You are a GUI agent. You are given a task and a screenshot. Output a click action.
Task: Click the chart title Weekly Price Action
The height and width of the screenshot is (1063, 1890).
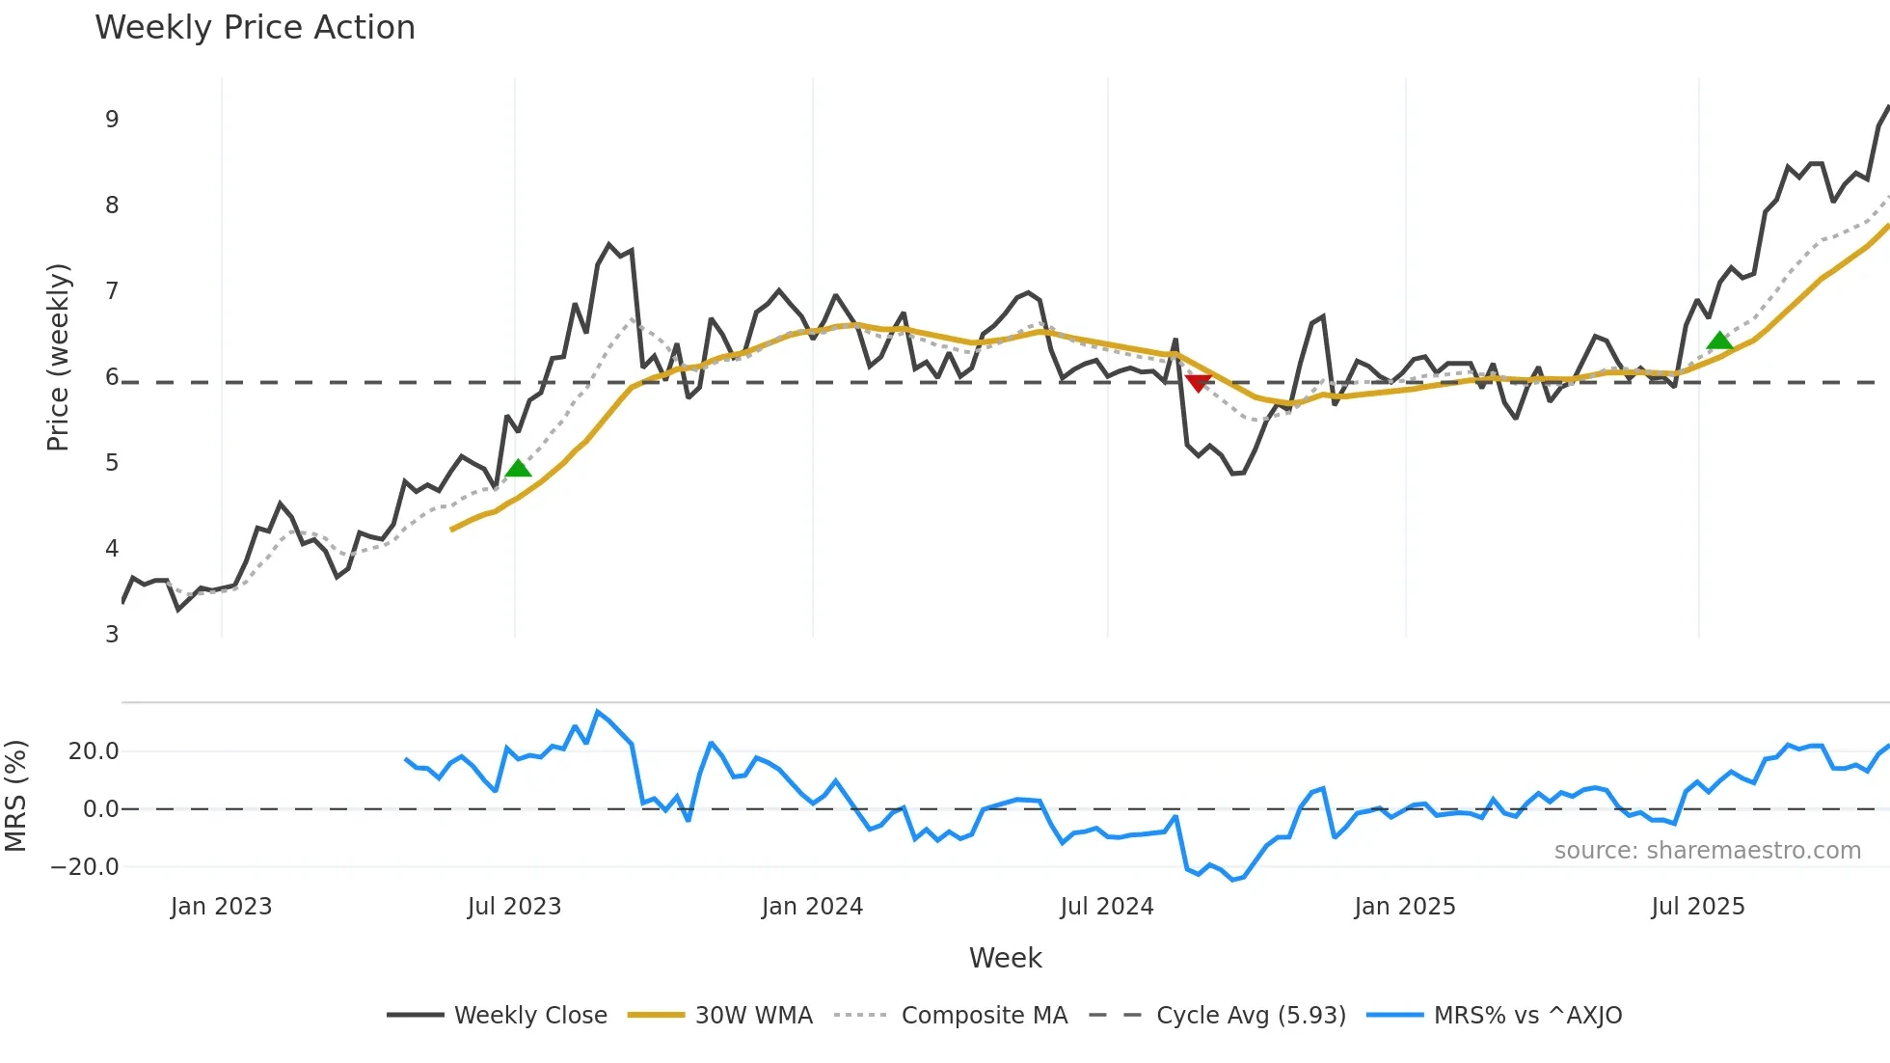[x=255, y=28]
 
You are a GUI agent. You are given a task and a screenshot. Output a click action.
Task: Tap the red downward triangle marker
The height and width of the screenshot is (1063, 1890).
[x=1198, y=383]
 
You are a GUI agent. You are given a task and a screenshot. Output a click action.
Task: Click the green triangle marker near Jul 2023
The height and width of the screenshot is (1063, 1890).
[x=519, y=469]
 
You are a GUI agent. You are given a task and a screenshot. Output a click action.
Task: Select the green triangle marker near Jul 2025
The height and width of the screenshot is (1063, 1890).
[x=1719, y=341]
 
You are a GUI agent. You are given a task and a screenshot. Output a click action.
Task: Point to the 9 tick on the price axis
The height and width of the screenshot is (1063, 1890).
[x=112, y=120]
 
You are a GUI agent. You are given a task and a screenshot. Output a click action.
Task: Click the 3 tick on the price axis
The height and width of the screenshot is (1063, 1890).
[x=112, y=634]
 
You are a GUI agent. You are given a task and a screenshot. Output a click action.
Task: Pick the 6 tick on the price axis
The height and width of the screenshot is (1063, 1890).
[x=112, y=377]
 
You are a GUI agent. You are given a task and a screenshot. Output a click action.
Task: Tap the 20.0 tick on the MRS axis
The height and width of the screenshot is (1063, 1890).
[x=94, y=751]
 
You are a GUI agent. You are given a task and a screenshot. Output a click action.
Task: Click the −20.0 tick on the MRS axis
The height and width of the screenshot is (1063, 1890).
[x=85, y=866]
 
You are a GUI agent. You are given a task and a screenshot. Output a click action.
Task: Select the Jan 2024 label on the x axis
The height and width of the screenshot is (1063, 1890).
[x=812, y=907]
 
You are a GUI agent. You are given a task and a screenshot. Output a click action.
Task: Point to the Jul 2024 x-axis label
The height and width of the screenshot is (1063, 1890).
[x=1107, y=907]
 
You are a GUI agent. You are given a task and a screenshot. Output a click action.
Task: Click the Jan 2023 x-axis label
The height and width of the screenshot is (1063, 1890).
[x=221, y=907]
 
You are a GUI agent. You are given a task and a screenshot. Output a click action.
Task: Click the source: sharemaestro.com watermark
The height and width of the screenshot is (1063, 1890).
[x=1707, y=851]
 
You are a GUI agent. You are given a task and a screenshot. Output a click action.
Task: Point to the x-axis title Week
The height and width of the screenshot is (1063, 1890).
[x=1005, y=958]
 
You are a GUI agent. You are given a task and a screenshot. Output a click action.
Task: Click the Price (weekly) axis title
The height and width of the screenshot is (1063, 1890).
[x=58, y=357]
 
